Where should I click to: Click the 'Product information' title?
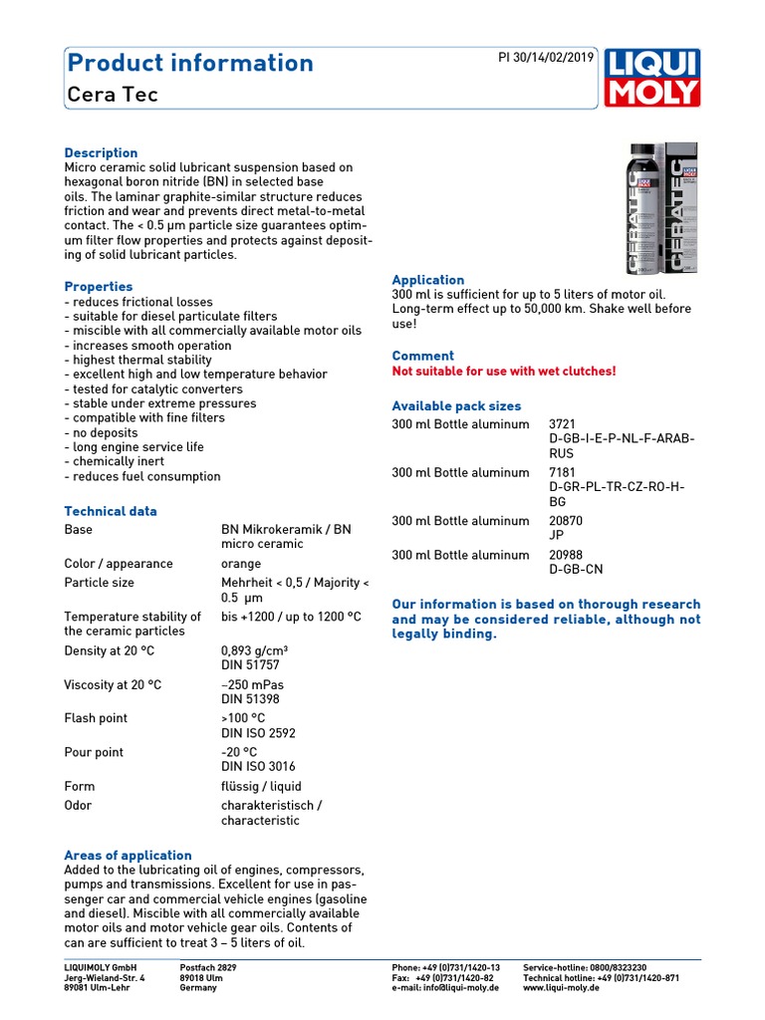(189, 63)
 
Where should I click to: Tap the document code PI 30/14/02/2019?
(545, 57)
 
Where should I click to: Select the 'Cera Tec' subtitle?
(112, 95)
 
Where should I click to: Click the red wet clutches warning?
(504, 372)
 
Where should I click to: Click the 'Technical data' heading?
(111, 511)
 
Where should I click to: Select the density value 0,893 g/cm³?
(254, 650)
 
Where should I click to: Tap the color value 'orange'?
(241, 564)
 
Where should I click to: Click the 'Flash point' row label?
(96, 718)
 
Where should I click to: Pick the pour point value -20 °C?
(239, 752)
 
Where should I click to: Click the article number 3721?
(563, 424)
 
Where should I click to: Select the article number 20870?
(567, 521)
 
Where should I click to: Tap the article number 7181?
(563, 473)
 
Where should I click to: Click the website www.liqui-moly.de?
(561, 988)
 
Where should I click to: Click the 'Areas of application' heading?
(127, 856)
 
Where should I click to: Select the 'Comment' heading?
(422, 356)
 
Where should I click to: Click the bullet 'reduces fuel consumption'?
(142, 476)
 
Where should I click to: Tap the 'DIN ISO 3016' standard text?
(258, 767)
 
